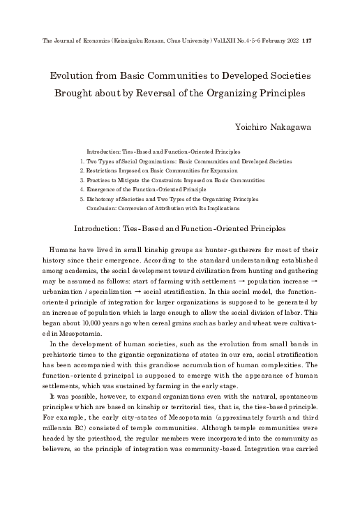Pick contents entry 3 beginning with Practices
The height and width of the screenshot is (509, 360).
[175, 179]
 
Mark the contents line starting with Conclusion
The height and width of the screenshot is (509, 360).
[163, 207]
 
